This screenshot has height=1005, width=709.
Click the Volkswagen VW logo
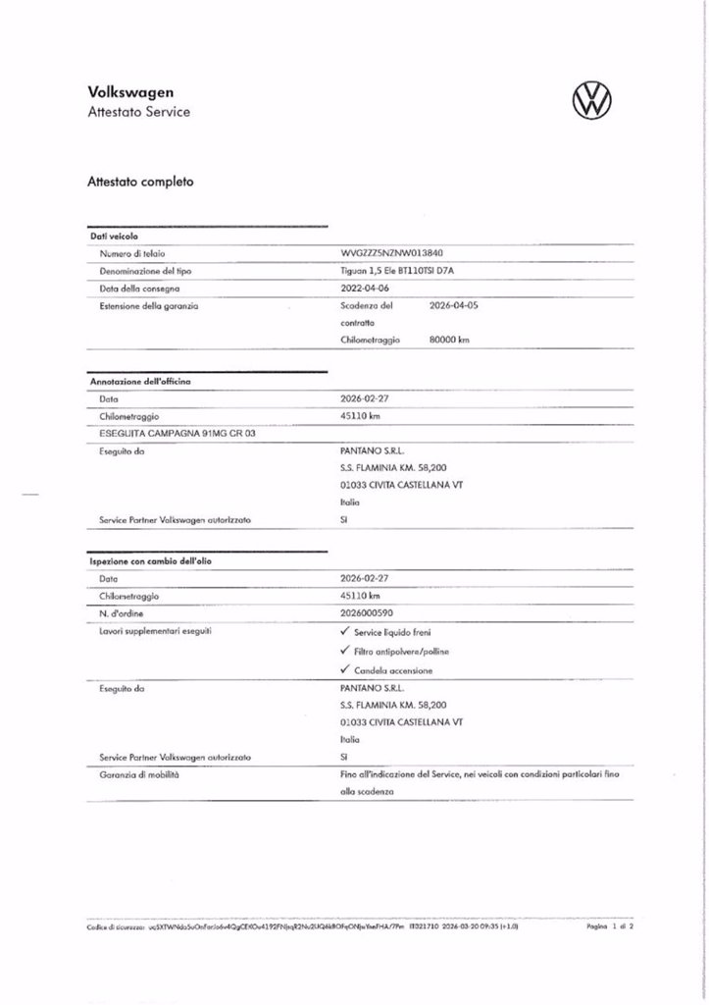(x=589, y=99)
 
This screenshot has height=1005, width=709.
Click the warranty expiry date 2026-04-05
(x=454, y=305)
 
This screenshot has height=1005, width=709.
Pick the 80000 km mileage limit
(x=450, y=340)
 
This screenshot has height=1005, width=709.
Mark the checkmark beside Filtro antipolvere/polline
(x=343, y=651)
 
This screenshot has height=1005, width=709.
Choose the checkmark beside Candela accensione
(x=343, y=670)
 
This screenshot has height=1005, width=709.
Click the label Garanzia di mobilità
(x=139, y=774)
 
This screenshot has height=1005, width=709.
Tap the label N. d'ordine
(x=123, y=613)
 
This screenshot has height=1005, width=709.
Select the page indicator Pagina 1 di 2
(x=610, y=926)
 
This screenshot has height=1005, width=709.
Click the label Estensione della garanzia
(x=149, y=306)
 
